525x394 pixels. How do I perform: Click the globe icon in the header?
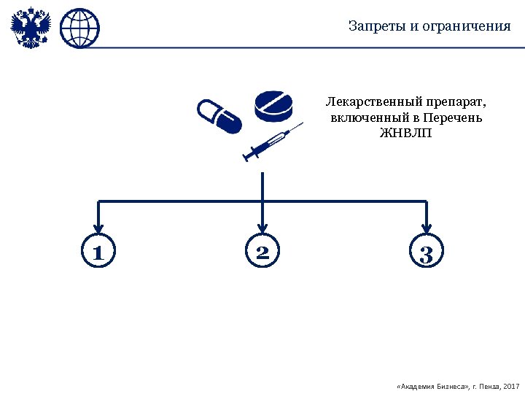tap(79, 28)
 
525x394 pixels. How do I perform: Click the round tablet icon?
tap(274, 107)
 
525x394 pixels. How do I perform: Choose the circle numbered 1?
tap(98, 252)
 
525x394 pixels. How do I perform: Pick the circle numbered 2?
tap(262, 252)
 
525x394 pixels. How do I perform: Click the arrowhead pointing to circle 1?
tap(98, 228)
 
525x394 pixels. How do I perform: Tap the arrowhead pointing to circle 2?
tap(262, 228)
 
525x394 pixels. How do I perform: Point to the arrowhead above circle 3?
tap(427, 228)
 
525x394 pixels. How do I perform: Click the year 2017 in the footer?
tap(511, 385)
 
